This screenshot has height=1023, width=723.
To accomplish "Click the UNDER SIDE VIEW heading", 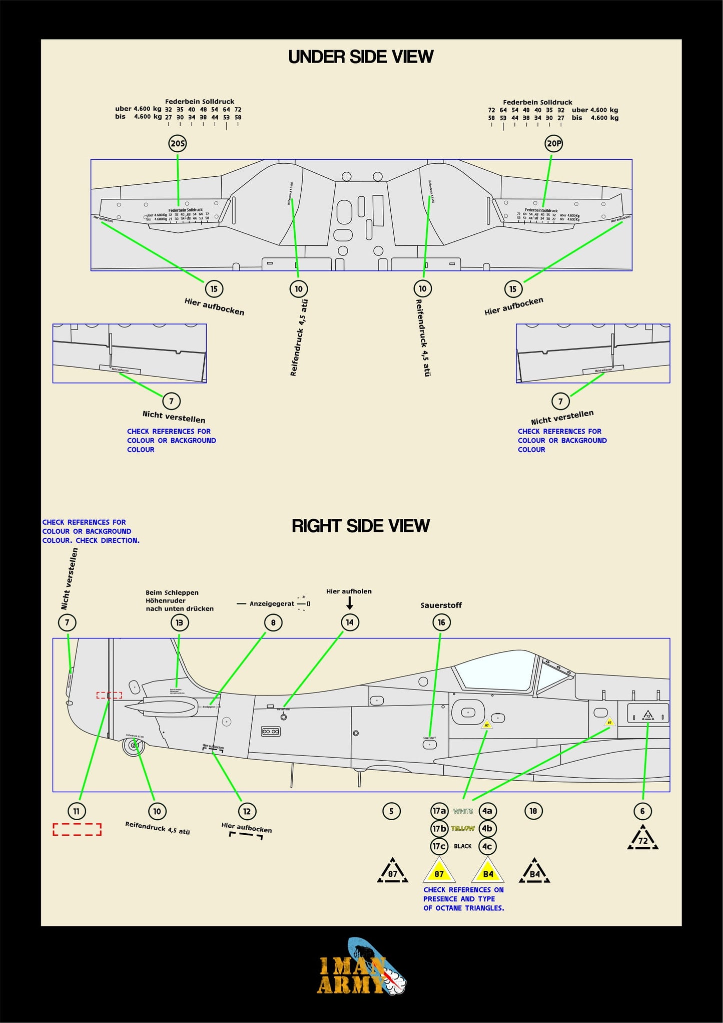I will [x=360, y=57].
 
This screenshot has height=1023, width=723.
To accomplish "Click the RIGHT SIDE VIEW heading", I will [x=360, y=526].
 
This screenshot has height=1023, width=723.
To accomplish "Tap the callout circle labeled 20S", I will [x=178, y=144].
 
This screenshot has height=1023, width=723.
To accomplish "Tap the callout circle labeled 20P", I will [x=554, y=144].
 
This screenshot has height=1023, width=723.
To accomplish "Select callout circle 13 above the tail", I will [x=179, y=622].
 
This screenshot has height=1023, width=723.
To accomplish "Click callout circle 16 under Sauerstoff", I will [x=441, y=622].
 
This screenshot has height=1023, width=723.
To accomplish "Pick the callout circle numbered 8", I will [x=273, y=623].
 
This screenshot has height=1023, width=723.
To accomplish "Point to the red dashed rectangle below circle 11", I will [x=77, y=829].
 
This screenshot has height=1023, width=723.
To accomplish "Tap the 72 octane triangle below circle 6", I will [x=643, y=839].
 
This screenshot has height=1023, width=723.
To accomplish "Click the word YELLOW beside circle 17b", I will [x=463, y=828].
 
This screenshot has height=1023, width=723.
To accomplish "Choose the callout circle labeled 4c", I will [x=487, y=846].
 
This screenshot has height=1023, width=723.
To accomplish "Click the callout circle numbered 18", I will [x=533, y=811].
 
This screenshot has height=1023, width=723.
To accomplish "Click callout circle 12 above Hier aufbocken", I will [x=247, y=811].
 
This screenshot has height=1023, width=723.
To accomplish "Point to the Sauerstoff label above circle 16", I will [x=441, y=605].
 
